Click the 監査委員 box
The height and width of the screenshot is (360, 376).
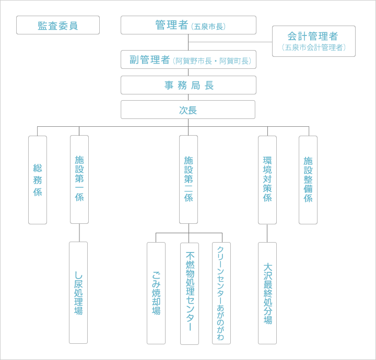58,25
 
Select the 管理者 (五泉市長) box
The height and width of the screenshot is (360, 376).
189,25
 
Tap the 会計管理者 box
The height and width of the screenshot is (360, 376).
313,41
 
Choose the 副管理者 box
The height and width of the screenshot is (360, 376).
189,59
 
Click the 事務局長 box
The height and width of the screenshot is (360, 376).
189,85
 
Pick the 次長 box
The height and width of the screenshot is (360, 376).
188,110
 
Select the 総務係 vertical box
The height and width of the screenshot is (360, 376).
38,180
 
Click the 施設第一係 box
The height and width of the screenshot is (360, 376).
79,179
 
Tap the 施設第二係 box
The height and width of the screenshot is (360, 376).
189,179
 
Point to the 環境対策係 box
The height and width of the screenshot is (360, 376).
267,179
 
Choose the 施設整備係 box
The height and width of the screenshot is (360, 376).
308,179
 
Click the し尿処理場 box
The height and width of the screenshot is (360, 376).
78,293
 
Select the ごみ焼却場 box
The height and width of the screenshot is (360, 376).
156,293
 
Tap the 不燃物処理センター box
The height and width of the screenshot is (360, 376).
190,293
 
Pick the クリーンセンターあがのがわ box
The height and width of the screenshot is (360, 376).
221,293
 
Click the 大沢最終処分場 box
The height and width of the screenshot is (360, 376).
267,293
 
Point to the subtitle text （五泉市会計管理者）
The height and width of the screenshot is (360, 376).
313,47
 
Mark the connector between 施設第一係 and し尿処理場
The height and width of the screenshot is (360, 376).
79,233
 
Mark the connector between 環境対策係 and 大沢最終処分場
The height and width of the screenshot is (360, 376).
267,233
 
